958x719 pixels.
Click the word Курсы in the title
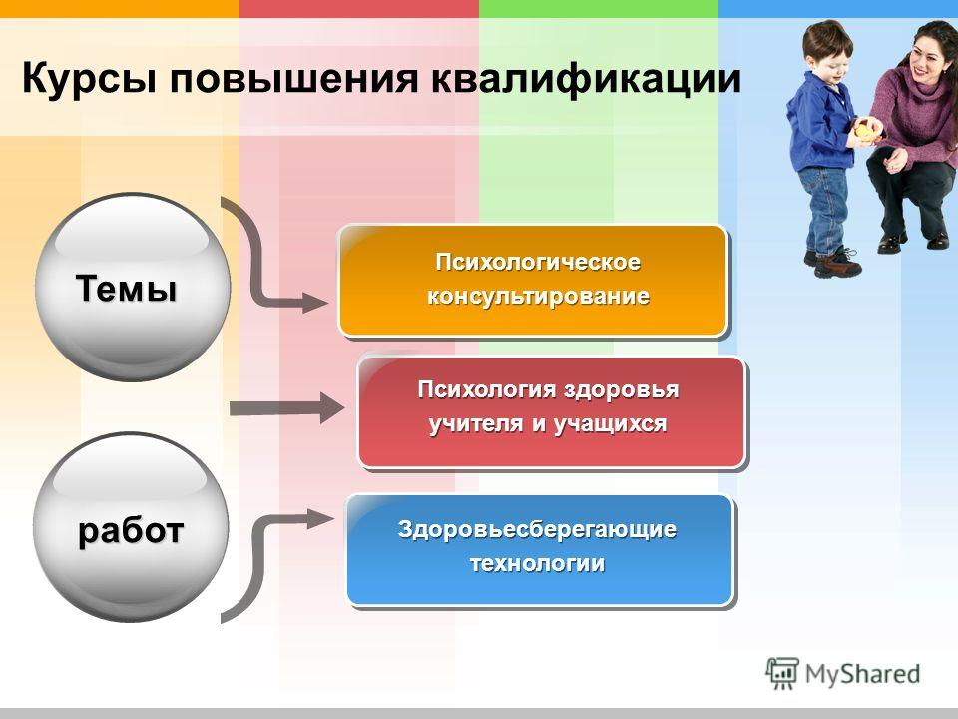88,78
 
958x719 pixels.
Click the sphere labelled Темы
133,288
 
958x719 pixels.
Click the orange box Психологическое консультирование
533,280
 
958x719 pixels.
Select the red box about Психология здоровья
552,412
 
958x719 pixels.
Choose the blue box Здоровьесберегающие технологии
540,549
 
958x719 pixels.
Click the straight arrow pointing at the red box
287,408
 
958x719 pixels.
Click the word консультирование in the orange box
538,297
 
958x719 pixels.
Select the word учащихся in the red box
610,423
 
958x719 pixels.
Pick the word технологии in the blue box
538,562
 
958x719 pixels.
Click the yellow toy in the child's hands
863,130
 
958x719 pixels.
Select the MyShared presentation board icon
782,673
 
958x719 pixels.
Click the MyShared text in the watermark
862,674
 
